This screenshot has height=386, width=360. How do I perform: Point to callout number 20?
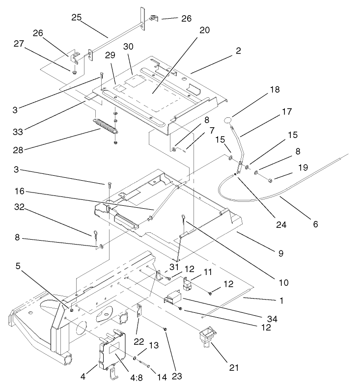tap(204, 30)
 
